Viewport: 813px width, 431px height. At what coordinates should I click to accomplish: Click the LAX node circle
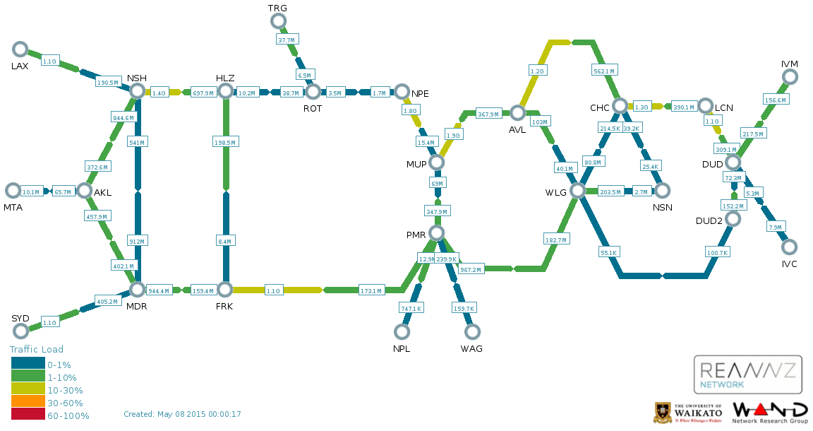(20, 49)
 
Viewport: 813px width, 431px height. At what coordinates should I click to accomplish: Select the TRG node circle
(279, 21)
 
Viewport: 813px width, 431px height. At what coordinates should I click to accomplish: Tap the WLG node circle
(577, 191)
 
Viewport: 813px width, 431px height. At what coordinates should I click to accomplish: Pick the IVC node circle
(789, 247)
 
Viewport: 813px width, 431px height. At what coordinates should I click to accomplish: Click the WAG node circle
(472, 331)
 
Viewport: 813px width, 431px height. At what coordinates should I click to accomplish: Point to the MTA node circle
(13, 191)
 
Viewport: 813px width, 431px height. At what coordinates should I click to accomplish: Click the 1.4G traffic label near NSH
(159, 93)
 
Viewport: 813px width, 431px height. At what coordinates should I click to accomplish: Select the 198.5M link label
(225, 142)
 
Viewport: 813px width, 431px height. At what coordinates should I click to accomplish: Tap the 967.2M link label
(471, 269)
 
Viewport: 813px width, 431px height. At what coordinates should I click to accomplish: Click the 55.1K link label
(609, 253)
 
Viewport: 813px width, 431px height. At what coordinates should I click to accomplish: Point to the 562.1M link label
(604, 71)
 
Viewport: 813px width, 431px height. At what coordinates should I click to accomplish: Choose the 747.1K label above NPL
(411, 309)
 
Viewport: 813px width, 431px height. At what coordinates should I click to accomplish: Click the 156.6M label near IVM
(776, 100)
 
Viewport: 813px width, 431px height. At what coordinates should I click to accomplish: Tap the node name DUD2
(709, 220)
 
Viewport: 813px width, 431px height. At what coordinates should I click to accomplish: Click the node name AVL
(517, 130)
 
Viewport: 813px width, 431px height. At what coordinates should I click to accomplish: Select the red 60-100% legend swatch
(28, 414)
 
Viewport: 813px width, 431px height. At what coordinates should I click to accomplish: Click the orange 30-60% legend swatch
(28, 401)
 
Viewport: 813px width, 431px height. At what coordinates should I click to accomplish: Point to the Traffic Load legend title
(37, 350)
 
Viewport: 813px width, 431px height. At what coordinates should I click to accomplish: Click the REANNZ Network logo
(747, 374)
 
